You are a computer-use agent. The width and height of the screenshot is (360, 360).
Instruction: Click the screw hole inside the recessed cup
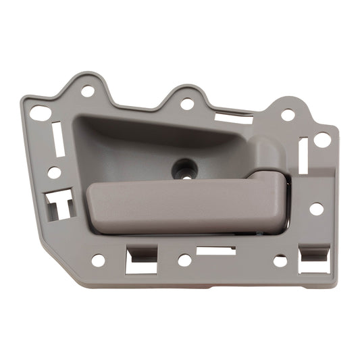click(182, 167)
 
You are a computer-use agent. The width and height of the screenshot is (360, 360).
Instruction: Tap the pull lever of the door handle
click(182, 206)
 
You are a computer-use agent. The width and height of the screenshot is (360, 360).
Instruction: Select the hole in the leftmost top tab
click(88, 91)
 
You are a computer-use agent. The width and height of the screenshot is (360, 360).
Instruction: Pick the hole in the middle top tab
click(187, 104)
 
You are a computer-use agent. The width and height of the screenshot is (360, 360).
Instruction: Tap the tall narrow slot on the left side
click(57, 139)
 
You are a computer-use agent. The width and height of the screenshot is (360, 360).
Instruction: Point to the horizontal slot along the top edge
click(233, 118)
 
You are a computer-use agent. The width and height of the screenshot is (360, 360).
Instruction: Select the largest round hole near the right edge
click(322, 140)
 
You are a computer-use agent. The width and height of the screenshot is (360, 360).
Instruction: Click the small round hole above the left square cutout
click(54, 173)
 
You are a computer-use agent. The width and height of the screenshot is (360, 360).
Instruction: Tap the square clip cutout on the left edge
click(59, 203)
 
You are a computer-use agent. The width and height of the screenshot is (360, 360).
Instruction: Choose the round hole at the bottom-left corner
click(98, 260)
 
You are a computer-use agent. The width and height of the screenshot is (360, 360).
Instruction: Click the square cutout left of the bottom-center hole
click(141, 259)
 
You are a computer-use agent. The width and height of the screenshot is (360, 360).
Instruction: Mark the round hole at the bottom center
click(184, 260)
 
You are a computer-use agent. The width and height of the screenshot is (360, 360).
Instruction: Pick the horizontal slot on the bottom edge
click(215, 251)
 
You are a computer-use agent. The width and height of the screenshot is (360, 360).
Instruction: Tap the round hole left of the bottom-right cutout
click(280, 260)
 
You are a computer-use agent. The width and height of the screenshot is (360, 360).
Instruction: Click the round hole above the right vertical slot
click(288, 115)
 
